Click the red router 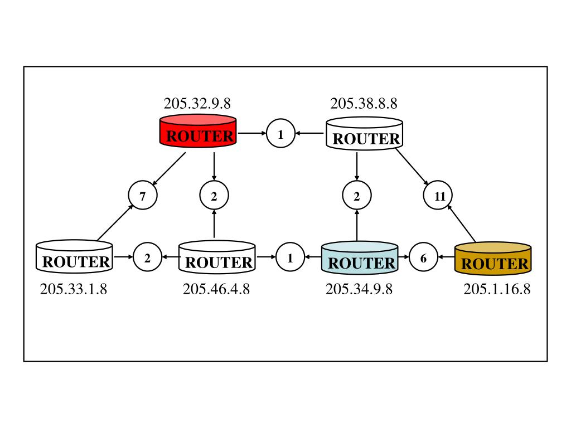[x=198, y=132]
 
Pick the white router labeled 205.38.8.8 [x=365, y=134]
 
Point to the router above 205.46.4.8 [x=217, y=257]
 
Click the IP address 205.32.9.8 [x=197, y=104]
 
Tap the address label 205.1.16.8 [x=497, y=289]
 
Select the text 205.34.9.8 [x=359, y=289]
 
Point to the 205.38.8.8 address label [x=364, y=104]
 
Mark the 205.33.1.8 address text [x=74, y=289]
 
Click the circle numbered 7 [x=143, y=196]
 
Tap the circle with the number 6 [x=424, y=258]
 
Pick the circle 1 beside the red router [x=280, y=134]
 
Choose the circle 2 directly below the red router [x=214, y=196]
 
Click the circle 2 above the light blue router [x=357, y=196]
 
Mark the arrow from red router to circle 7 [x=168, y=169]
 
